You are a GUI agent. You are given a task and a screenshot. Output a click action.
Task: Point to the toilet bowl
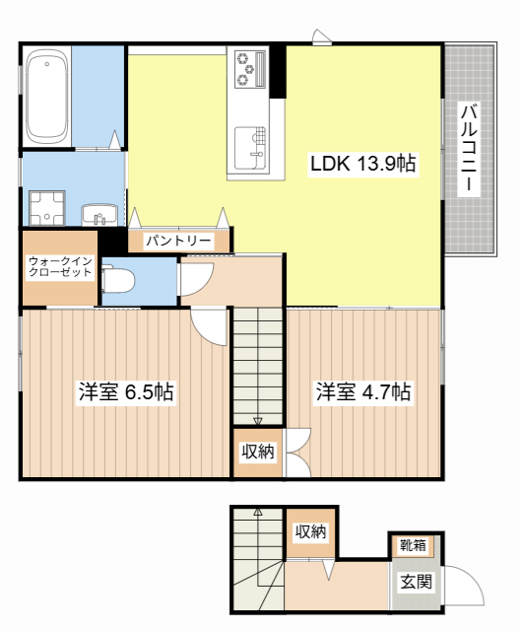(118, 280)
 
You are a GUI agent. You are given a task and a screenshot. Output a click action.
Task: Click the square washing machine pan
(45, 207)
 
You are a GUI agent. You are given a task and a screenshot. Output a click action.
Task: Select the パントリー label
(178, 241)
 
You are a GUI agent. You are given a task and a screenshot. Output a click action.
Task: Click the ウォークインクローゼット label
(59, 266)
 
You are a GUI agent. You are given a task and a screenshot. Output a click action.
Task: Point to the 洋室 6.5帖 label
(126, 391)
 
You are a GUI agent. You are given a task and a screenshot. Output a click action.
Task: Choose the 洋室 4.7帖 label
(362, 391)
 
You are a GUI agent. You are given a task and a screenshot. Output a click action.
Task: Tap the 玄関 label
(415, 582)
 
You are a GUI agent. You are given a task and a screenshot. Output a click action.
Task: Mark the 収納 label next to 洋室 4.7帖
(258, 453)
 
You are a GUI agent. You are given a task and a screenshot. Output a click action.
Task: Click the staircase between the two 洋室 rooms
(258, 365)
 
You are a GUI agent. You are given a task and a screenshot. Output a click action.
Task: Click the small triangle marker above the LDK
(320, 37)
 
